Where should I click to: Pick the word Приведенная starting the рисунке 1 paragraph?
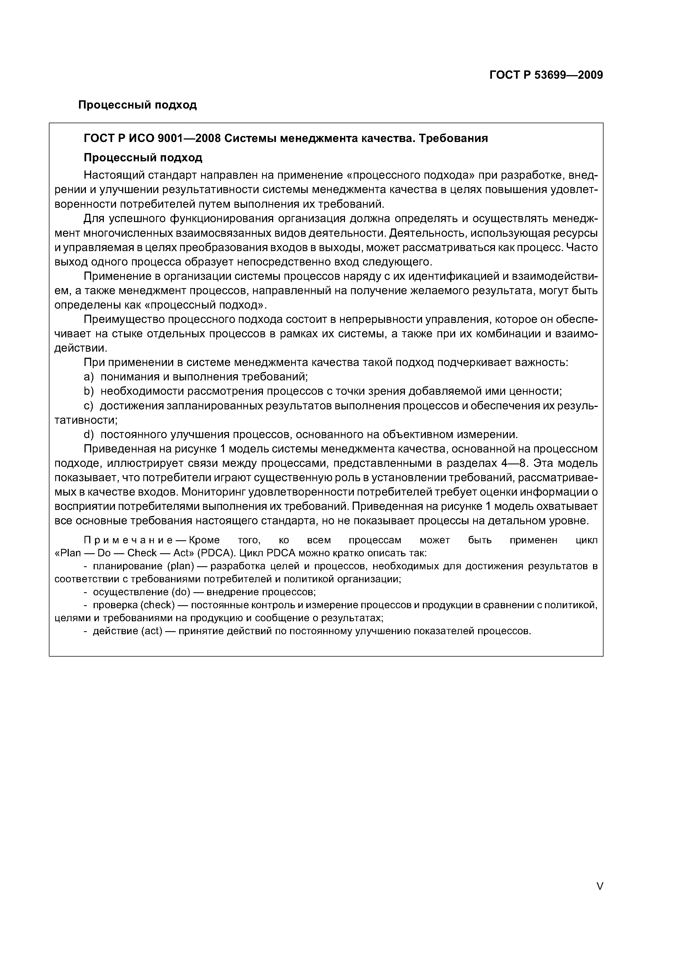(118, 449)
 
